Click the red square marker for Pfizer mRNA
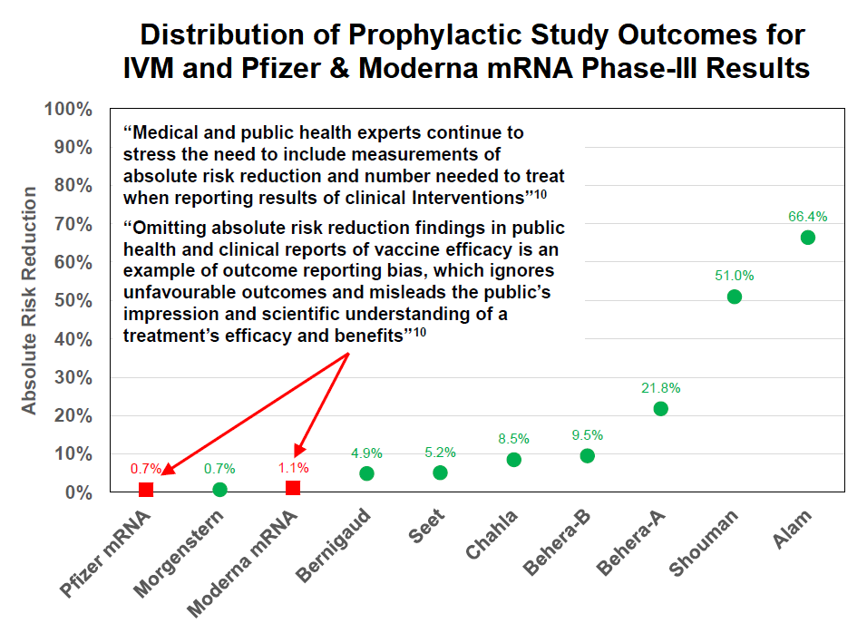(146, 490)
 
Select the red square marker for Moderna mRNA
(293, 488)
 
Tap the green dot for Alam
(807, 238)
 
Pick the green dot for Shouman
(734, 297)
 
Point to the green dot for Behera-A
(660, 408)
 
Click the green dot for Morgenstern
(219, 490)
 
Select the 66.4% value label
(807, 217)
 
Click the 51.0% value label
(734, 276)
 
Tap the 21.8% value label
(660, 387)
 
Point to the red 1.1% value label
(293, 468)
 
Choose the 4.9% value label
(366, 453)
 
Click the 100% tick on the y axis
(69, 110)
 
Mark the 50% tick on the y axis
(73, 301)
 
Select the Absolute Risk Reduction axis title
(30, 301)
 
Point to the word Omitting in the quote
(167, 228)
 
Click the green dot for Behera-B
(587, 455)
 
